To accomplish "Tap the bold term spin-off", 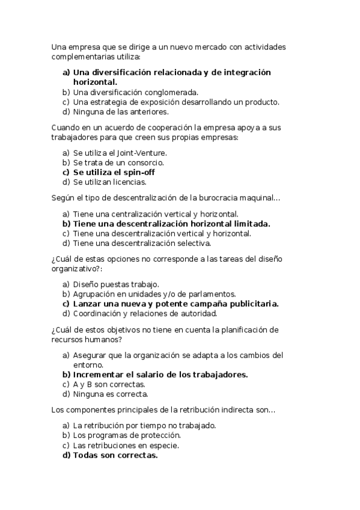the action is point(138,172).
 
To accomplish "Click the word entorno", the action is point(88,364).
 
